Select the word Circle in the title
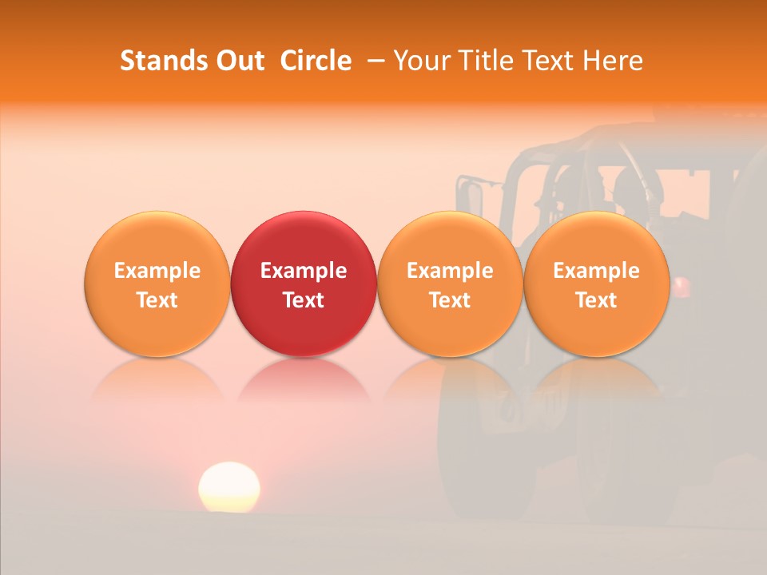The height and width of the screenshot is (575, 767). pyautogui.click(x=316, y=61)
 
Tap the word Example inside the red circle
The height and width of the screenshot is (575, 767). pyautogui.click(x=304, y=271)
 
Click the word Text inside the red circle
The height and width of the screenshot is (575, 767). pyautogui.click(x=304, y=300)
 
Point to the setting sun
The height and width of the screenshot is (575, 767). pyautogui.click(x=229, y=486)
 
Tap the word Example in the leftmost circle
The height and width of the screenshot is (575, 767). pyautogui.click(x=157, y=271)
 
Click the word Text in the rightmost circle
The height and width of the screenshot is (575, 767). pyautogui.click(x=597, y=300)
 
